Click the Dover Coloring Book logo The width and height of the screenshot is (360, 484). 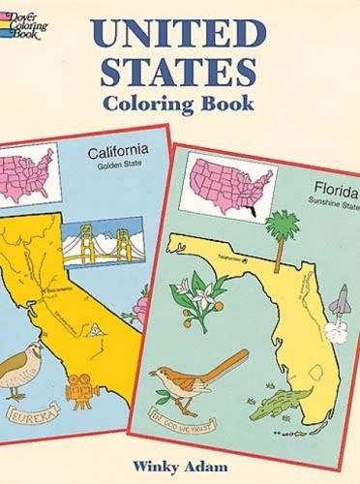click(21, 21)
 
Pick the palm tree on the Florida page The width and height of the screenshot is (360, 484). click(282, 221)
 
